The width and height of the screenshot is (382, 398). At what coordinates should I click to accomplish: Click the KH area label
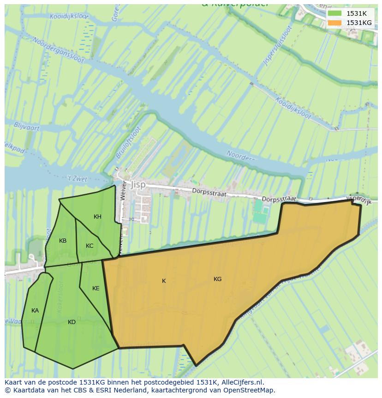(97, 217)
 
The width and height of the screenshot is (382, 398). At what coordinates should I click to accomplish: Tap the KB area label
(63, 241)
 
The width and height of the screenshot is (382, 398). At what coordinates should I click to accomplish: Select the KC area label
(90, 246)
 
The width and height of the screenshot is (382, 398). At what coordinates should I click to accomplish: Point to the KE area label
(95, 288)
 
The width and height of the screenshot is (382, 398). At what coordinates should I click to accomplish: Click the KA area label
(35, 311)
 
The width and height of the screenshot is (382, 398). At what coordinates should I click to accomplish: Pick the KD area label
(72, 322)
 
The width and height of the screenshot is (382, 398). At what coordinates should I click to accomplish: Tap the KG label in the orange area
(217, 279)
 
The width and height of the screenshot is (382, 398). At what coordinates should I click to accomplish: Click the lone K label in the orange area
(164, 281)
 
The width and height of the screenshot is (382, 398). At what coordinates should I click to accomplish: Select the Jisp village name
(137, 184)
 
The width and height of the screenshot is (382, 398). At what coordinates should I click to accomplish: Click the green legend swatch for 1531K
(335, 13)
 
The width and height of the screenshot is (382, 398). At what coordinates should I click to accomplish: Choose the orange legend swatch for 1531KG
(335, 23)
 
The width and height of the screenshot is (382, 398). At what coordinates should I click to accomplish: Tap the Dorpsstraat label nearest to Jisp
(210, 193)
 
